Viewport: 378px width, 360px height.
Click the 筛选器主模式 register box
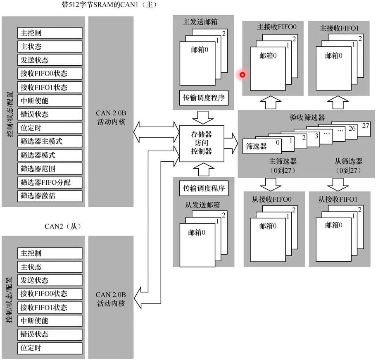(x=50, y=141)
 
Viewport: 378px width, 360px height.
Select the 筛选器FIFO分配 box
(x=50, y=182)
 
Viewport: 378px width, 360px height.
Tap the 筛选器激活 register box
(x=50, y=196)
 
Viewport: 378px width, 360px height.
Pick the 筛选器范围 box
(x=50, y=169)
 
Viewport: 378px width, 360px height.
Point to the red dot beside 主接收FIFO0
(x=242, y=75)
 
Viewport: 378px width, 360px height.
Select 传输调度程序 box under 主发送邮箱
(x=204, y=98)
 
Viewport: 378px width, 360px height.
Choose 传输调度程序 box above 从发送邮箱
(x=204, y=188)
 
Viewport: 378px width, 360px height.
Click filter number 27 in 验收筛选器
(x=365, y=126)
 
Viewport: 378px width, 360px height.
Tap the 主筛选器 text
(x=283, y=162)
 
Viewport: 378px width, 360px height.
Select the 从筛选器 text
(x=348, y=162)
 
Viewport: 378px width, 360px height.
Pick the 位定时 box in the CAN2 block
(x=50, y=348)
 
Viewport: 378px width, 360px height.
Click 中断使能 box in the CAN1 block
(x=50, y=100)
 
